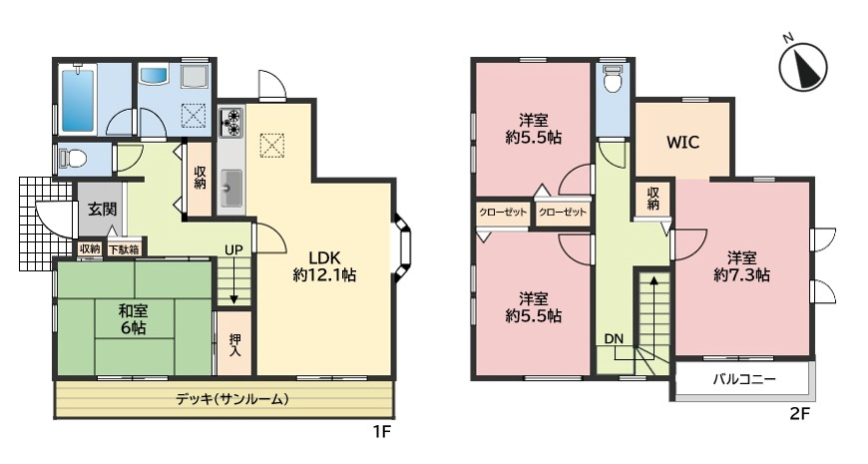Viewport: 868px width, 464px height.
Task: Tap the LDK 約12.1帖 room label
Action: tap(325, 263)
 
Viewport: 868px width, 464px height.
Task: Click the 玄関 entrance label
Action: tap(102, 210)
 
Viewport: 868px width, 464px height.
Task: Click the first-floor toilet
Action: tap(71, 158)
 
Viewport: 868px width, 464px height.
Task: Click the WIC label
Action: tap(682, 141)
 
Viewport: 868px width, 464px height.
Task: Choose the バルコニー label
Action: tap(743, 379)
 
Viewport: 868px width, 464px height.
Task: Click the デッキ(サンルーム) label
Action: tap(231, 399)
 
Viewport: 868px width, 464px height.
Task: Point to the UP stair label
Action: tap(233, 249)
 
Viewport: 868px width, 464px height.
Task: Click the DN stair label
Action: tap(613, 338)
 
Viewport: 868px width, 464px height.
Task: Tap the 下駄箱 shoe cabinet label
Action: tap(124, 248)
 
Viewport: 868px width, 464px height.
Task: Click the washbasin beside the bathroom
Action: tap(155, 76)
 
